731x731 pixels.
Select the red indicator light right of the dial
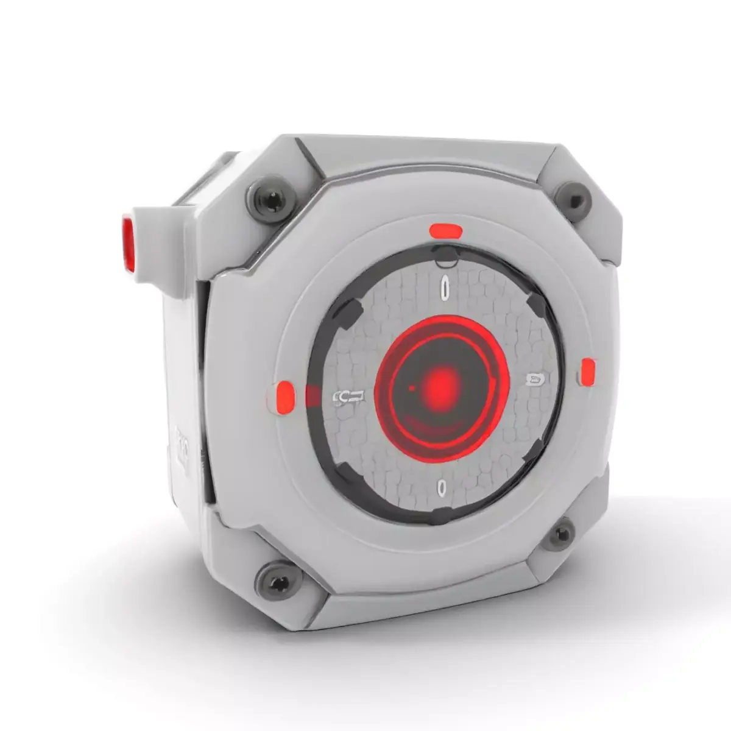587,372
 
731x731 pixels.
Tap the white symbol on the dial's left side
350,398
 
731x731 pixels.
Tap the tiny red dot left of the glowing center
412,387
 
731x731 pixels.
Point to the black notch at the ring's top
447,253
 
